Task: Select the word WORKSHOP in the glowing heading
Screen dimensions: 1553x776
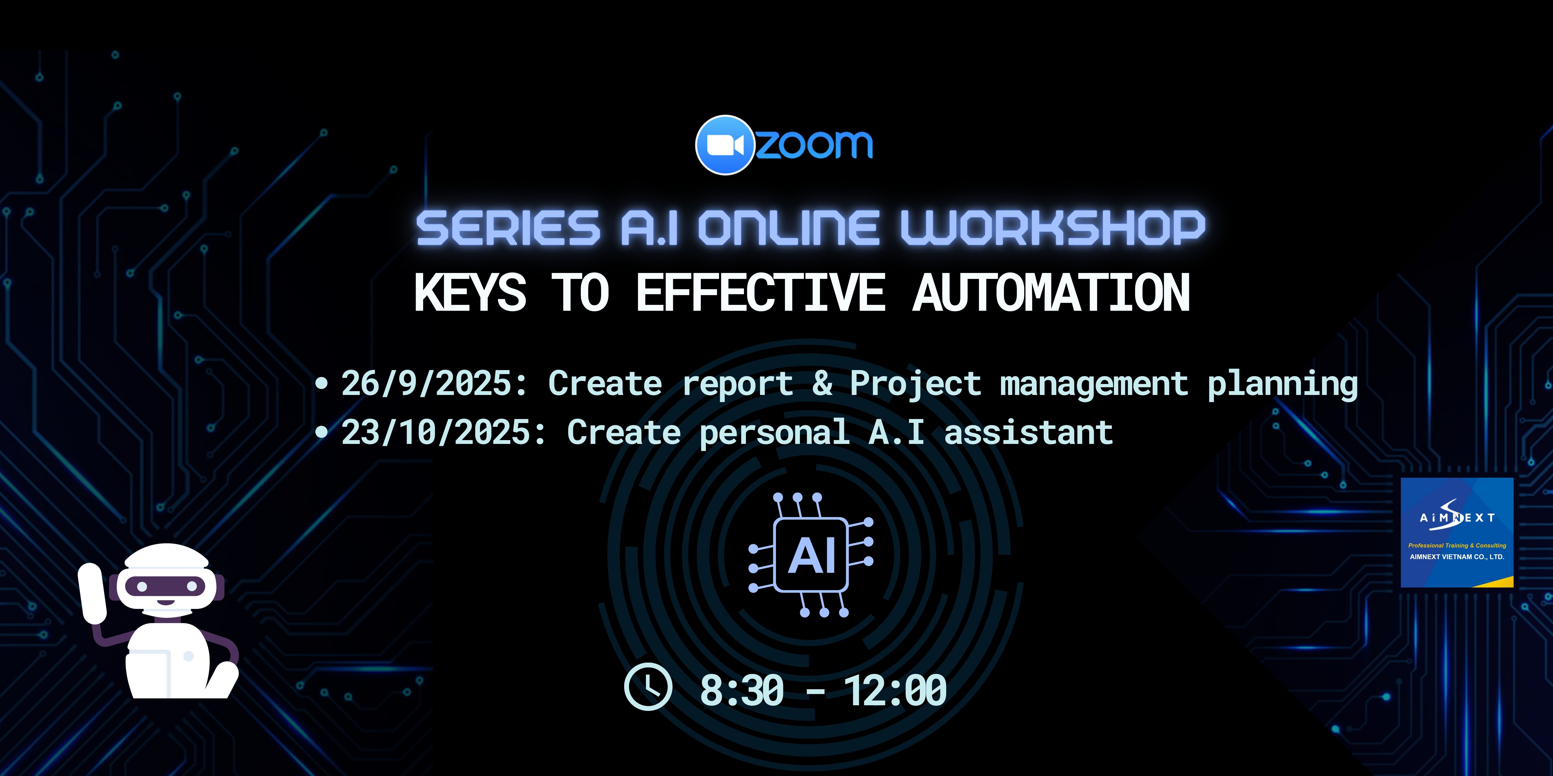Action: point(1053,228)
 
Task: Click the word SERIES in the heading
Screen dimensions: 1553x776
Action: point(508,228)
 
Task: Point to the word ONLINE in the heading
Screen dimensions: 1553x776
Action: point(789,228)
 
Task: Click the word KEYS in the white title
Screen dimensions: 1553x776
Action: point(470,292)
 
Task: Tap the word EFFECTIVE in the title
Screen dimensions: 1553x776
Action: point(761,292)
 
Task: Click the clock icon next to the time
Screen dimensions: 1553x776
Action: point(648,687)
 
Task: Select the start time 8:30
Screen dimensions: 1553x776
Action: point(741,690)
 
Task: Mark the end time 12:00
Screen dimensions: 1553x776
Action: point(895,690)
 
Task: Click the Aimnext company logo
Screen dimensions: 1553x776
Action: point(1457,533)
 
